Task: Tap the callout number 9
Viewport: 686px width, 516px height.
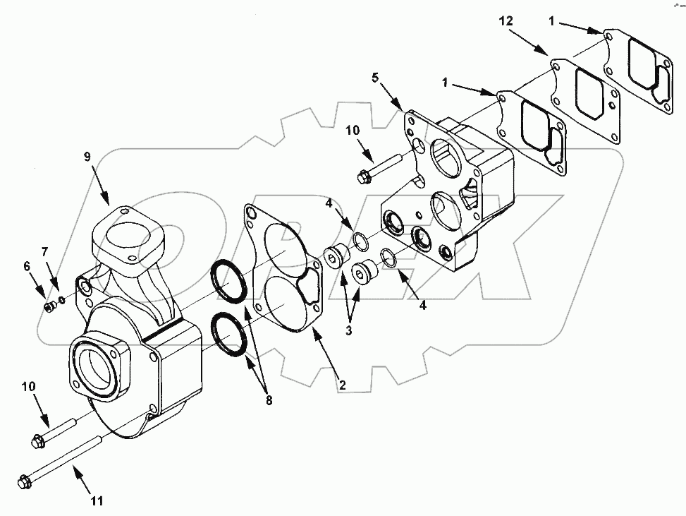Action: point(87,157)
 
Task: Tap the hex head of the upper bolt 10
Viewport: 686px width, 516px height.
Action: point(364,176)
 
